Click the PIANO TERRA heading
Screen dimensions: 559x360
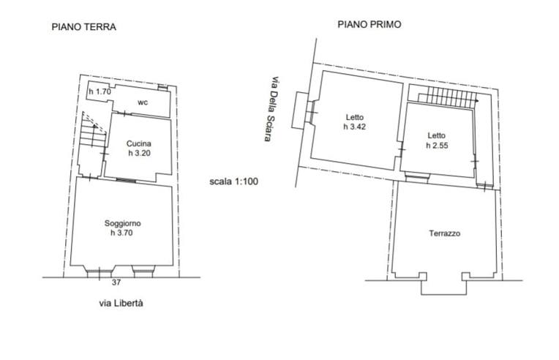pyautogui.click(x=84, y=27)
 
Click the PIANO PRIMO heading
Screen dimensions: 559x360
pyautogui.click(x=369, y=25)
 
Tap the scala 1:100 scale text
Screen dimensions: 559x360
pyautogui.click(x=233, y=181)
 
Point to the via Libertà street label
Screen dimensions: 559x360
pyautogui.click(x=121, y=303)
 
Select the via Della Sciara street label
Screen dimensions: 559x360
pyautogui.click(x=271, y=109)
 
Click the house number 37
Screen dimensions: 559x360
pyautogui.click(x=116, y=282)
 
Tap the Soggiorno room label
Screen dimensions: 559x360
pyautogui.click(x=123, y=223)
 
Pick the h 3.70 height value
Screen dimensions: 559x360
pyautogui.click(x=121, y=233)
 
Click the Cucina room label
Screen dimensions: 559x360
pyautogui.click(x=139, y=143)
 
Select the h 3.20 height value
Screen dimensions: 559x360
pyautogui.click(x=139, y=153)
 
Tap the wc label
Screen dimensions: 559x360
pyautogui.click(x=143, y=102)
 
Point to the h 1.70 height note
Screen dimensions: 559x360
pyautogui.click(x=100, y=91)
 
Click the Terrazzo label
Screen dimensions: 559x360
pyautogui.click(x=445, y=233)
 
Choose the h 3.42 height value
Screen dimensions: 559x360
pyautogui.click(x=355, y=127)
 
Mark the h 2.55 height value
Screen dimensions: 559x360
pyautogui.click(x=437, y=146)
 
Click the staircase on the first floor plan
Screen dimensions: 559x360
pyautogui.click(x=448, y=97)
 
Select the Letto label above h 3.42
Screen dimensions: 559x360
pyautogui.click(x=355, y=117)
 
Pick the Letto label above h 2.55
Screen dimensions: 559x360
pyautogui.click(x=437, y=136)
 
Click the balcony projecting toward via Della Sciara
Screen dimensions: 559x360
pyautogui.click(x=300, y=110)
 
